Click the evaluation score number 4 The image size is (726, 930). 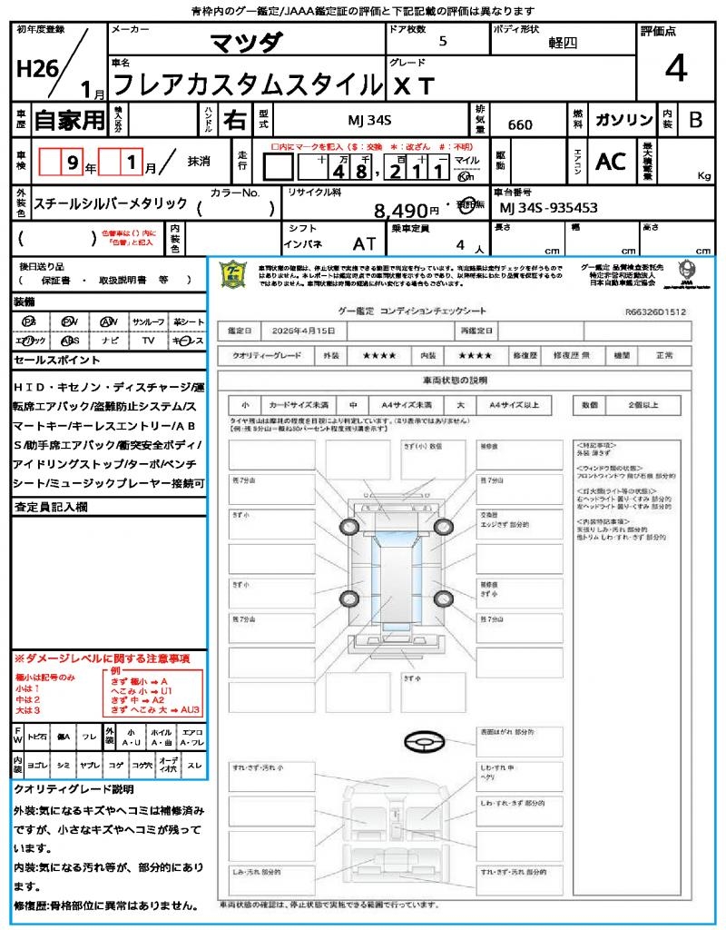[674, 69]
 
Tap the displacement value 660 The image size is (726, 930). [520, 124]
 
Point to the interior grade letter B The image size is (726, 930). [695, 120]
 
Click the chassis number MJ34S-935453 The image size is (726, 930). [549, 208]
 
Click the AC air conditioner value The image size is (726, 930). [611, 162]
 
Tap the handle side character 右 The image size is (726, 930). [235, 120]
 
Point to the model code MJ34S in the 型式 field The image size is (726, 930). [368, 121]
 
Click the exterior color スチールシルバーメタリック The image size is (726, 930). [110, 204]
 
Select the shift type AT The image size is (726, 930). [365, 243]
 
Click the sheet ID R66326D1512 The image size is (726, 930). [655, 311]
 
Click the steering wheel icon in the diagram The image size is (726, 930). [423, 744]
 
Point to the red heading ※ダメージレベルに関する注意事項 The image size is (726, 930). [102, 658]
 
